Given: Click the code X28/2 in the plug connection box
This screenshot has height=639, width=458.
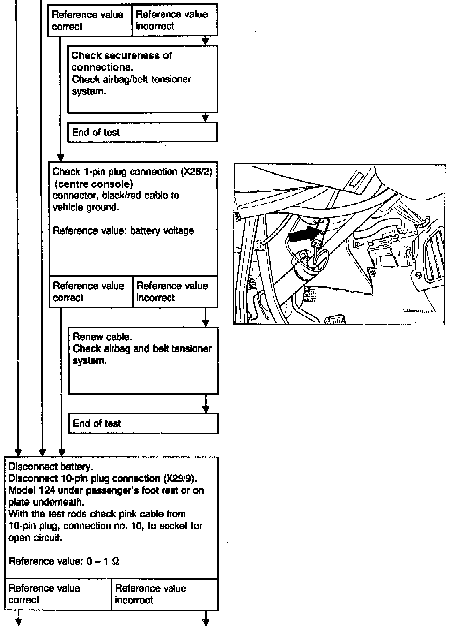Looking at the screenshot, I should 196,172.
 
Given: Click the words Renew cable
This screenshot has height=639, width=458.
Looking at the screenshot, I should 102,337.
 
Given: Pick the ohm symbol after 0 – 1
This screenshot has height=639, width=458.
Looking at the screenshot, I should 116,561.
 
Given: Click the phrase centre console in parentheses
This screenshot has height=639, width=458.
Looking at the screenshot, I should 94,184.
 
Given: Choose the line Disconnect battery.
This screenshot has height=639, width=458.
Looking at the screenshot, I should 51,467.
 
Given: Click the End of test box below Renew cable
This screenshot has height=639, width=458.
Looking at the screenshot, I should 143,424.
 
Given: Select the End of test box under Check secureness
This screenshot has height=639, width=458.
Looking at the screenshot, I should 142,133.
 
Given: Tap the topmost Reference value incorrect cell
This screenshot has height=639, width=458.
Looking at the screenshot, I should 175,20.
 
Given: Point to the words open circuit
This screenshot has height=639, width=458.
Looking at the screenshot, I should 35,538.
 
